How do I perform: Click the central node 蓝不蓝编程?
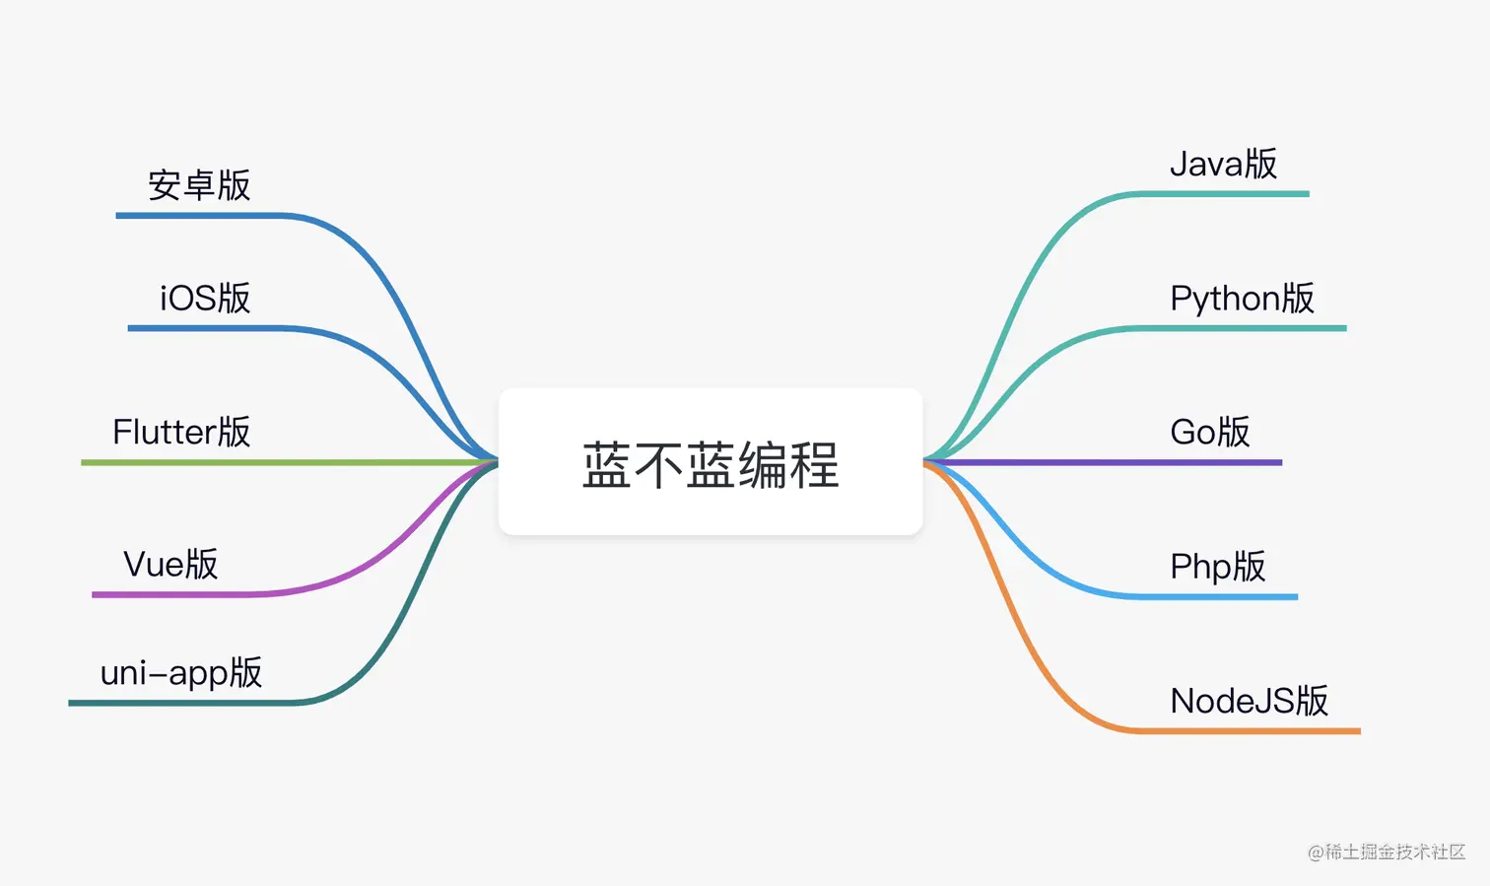(x=711, y=463)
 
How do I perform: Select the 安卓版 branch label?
(x=200, y=185)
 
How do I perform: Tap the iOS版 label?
(x=205, y=298)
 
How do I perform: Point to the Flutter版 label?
(x=181, y=432)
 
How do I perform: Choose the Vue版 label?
(x=170, y=565)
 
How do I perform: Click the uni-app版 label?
(x=181, y=673)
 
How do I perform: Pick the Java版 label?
(x=1223, y=164)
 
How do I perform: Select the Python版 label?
(x=1242, y=298)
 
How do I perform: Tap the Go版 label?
(x=1209, y=432)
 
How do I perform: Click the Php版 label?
(x=1217, y=567)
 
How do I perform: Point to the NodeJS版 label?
(x=1249, y=701)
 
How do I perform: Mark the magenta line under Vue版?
(x=177, y=595)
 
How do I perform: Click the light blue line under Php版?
(x=1212, y=596)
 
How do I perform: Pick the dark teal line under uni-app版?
(x=177, y=703)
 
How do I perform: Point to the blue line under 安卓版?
(x=197, y=215)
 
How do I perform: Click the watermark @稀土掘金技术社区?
(x=1387, y=852)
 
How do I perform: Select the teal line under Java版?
(x=1222, y=194)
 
